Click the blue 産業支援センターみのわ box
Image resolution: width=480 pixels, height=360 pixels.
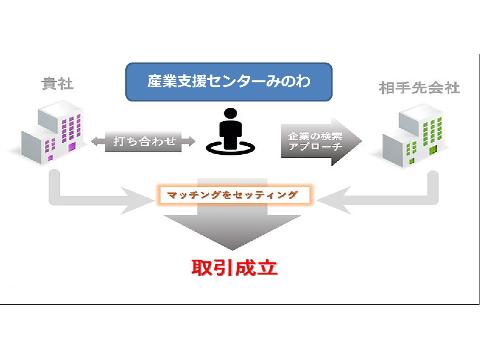pyautogui.click(x=229, y=82)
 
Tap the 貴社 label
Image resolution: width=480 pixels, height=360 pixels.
pyautogui.click(x=57, y=84)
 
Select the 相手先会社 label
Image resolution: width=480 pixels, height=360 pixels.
pyautogui.click(x=419, y=88)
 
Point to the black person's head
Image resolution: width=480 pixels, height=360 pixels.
pyautogui.click(x=230, y=114)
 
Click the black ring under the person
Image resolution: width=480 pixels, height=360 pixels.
pyautogui.click(x=230, y=147)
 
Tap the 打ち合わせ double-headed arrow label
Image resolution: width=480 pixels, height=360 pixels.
pyautogui.click(x=143, y=141)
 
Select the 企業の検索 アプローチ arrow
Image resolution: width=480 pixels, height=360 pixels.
pyautogui.click(x=321, y=142)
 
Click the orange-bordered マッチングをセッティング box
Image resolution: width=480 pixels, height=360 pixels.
pyautogui.click(x=233, y=195)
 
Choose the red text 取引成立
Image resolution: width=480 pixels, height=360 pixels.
pyautogui.click(x=234, y=268)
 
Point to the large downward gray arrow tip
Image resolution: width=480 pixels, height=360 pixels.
pyautogui.click(x=232, y=249)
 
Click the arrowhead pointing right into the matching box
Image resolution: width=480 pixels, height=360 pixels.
pyautogui.click(x=138, y=200)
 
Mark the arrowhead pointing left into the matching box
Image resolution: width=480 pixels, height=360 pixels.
pyautogui.click(x=334, y=200)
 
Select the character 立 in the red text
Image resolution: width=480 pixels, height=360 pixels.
pyautogui.click(x=267, y=268)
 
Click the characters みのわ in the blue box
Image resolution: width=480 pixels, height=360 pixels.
pyautogui.click(x=288, y=81)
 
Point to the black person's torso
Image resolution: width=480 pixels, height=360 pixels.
pyautogui.click(x=230, y=134)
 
